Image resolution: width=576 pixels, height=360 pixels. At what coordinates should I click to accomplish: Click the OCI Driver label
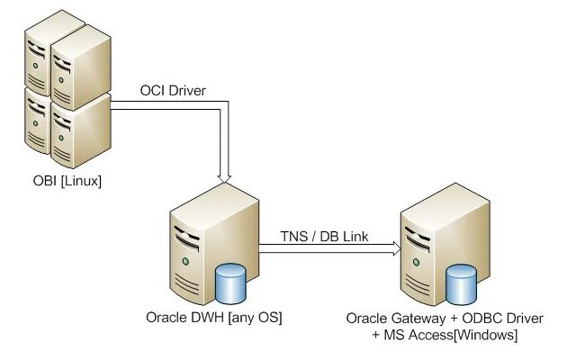click(173, 91)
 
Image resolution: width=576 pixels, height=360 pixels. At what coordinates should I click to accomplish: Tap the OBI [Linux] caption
click(67, 183)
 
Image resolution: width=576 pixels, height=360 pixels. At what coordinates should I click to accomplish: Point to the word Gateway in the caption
click(419, 319)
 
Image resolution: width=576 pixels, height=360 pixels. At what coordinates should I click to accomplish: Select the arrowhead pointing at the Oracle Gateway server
click(392, 252)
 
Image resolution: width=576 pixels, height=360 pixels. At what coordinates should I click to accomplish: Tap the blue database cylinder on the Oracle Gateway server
click(462, 285)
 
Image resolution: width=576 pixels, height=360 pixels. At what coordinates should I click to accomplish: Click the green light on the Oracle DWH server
click(185, 262)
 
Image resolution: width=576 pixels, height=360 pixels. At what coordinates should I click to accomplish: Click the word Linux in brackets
click(80, 183)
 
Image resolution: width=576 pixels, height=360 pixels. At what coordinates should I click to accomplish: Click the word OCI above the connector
click(153, 91)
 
